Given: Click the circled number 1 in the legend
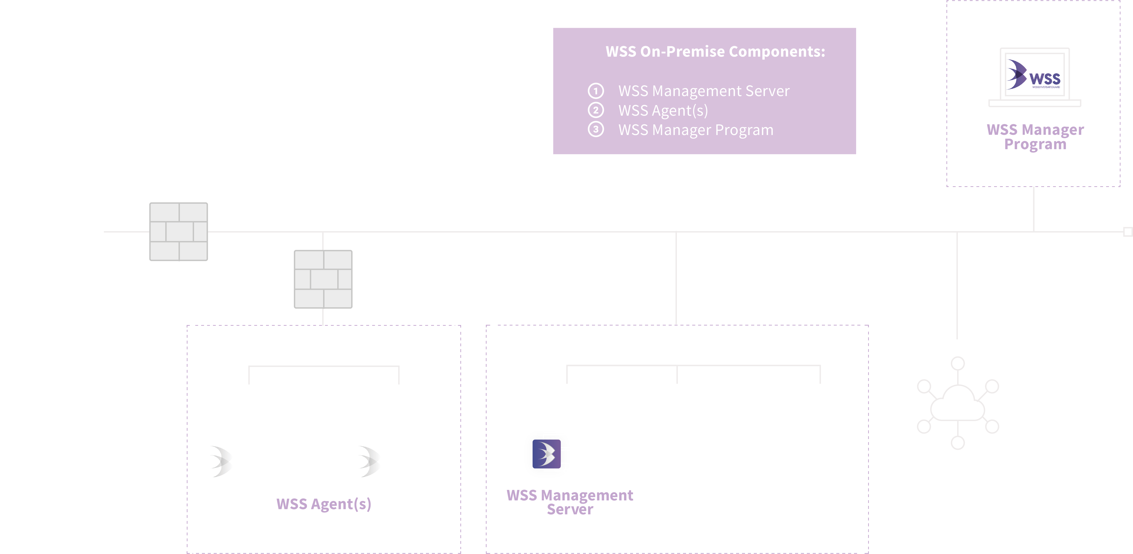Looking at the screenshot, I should pyautogui.click(x=596, y=91).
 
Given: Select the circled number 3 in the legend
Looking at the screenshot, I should pyautogui.click(x=596, y=129).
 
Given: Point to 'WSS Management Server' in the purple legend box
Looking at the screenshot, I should pyautogui.click(x=704, y=91).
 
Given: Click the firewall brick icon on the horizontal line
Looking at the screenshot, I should pyautogui.click(x=179, y=232).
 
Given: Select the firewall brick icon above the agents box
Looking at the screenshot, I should pyautogui.click(x=323, y=279).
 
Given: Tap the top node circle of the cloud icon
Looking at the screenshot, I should pyautogui.click(x=958, y=364).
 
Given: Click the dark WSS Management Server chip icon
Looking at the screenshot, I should pyautogui.click(x=547, y=454).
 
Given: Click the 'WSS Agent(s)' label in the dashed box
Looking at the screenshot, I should pyautogui.click(x=324, y=504).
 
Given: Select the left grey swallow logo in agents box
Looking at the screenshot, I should pyautogui.click(x=220, y=461).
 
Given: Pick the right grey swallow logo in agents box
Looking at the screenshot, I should pyautogui.click(x=369, y=461).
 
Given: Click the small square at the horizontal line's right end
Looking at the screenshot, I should pyautogui.click(x=1128, y=232).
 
